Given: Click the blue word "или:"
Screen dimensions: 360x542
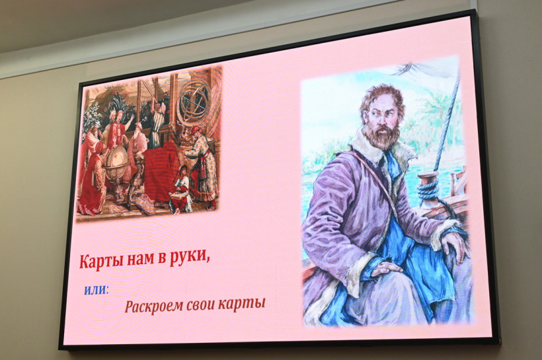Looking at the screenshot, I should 96,290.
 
